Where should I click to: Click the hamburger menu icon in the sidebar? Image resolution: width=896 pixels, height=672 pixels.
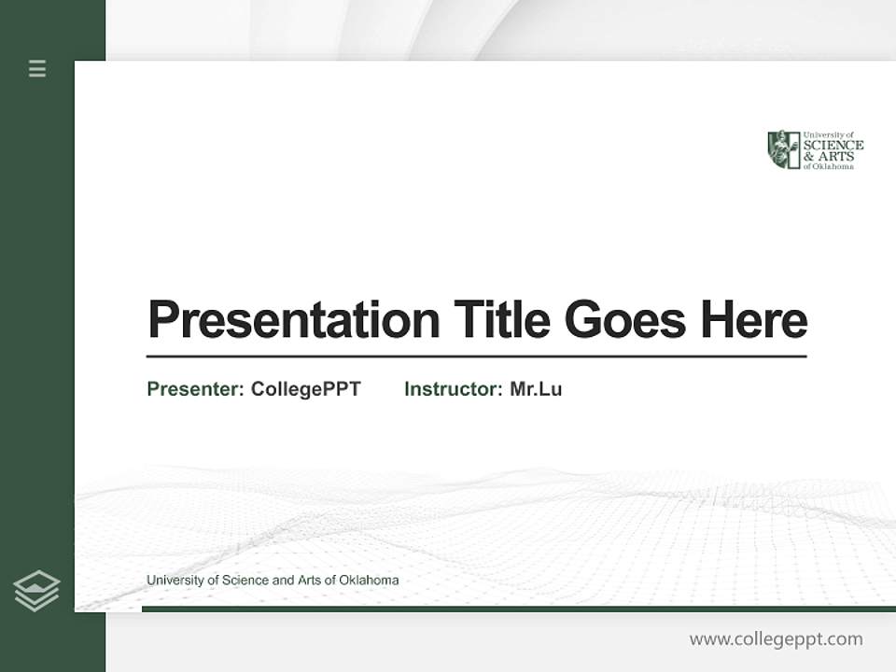(x=37, y=68)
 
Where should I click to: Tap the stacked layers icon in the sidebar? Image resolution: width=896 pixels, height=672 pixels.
(x=36, y=591)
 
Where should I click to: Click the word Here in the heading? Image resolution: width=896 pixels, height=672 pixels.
(x=753, y=320)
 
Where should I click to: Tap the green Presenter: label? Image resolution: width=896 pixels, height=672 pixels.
(x=195, y=389)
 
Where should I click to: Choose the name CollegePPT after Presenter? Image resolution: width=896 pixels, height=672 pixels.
(x=305, y=389)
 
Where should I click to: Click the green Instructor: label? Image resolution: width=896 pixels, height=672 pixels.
(x=454, y=389)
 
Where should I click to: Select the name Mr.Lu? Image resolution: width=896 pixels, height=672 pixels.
(x=536, y=389)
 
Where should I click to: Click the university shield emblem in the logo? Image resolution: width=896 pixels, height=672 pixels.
(x=783, y=149)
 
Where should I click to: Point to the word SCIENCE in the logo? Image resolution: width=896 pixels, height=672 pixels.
(x=833, y=145)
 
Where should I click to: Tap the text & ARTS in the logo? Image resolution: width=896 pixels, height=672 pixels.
(x=826, y=156)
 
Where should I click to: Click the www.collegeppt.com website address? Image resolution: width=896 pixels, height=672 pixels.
(x=776, y=639)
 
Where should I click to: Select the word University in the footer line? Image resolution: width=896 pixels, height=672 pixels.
(x=175, y=581)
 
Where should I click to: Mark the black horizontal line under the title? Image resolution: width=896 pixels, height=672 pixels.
(x=476, y=357)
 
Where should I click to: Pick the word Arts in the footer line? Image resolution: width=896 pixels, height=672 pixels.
(x=309, y=581)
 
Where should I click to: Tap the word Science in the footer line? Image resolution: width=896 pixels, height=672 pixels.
(x=244, y=581)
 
